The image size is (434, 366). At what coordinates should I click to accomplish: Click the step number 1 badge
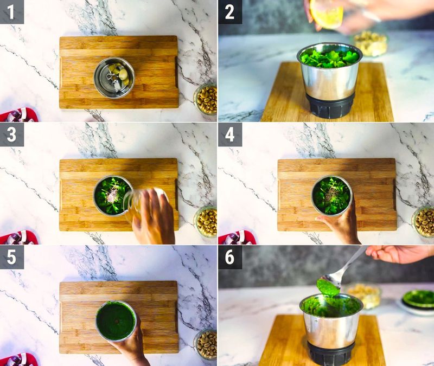pos(12,12)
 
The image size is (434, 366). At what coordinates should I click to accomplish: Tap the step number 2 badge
pos(230,12)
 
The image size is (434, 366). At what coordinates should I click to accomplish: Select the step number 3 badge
pos(12,134)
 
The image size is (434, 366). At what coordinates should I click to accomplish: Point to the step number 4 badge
pos(230,134)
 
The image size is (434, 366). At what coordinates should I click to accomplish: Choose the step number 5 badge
pos(12,257)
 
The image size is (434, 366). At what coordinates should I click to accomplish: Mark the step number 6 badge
pos(230,257)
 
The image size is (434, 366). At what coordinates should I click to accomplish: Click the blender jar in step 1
pos(113,78)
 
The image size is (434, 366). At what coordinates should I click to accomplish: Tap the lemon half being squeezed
pos(327,14)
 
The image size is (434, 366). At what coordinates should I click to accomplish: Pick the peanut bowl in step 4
pos(424,221)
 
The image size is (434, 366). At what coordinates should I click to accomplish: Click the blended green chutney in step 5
pos(116,320)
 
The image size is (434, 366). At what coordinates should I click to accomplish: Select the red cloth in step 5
pos(19,359)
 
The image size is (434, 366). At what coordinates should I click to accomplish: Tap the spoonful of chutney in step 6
pos(328,287)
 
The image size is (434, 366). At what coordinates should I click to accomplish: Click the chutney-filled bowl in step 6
pos(418,299)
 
